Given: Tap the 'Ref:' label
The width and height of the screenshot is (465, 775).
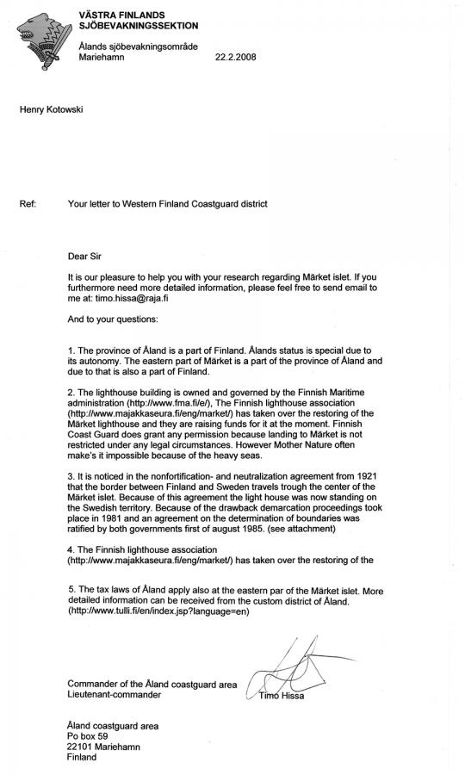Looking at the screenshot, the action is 28,204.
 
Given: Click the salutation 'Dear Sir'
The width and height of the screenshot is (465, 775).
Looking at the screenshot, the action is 85,256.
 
